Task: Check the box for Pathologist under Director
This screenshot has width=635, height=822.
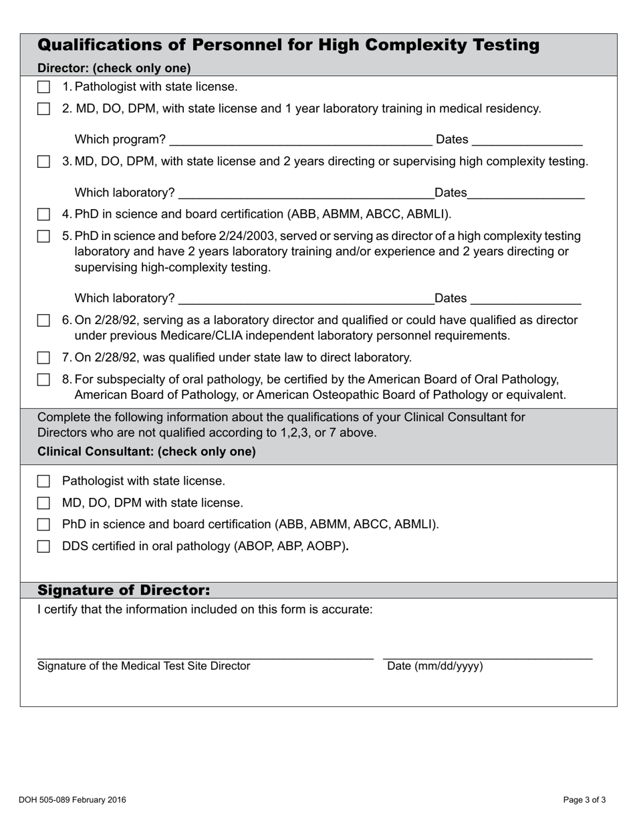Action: tap(43, 87)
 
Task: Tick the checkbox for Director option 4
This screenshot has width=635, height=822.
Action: tap(43, 215)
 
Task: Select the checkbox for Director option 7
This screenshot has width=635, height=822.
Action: tap(43, 358)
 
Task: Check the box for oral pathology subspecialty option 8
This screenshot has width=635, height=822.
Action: tap(43, 380)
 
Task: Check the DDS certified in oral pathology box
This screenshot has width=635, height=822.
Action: tap(43, 547)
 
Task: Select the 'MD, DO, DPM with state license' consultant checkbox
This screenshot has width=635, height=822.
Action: tap(43, 503)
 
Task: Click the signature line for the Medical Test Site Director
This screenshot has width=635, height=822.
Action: tap(205, 656)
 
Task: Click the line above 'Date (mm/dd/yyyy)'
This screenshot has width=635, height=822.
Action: tap(487, 656)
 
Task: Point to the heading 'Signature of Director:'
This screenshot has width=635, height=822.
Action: tap(124, 590)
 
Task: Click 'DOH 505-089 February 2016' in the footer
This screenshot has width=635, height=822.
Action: tap(72, 800)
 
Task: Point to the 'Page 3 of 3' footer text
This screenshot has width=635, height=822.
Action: tap(584, 800)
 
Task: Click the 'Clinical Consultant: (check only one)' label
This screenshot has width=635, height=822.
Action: tap(146, 452)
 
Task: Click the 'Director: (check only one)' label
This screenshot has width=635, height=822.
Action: tap(114, 68)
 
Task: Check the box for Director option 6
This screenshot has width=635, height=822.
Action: tap(43, 321)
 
